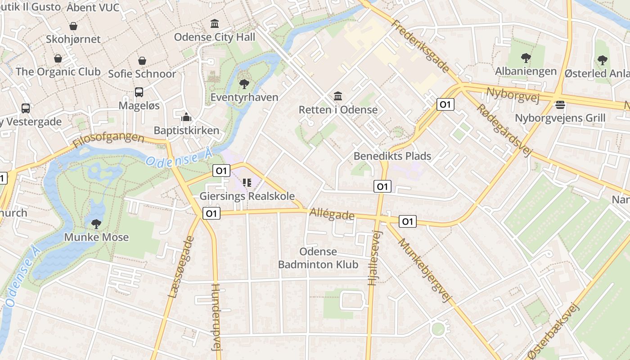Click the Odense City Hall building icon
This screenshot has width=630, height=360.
215,23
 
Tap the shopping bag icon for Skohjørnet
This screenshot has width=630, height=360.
73,26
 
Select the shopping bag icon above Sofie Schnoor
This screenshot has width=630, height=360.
142,60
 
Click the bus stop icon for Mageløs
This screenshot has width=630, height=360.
139,92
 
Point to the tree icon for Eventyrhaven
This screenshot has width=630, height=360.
244,84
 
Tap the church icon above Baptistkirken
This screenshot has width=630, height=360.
186,117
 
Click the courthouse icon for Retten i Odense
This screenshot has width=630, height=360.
338,96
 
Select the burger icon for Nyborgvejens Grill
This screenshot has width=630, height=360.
560,105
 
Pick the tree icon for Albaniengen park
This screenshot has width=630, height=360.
526,58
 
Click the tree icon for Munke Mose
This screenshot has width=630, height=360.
96,224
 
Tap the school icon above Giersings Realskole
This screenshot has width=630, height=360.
247,183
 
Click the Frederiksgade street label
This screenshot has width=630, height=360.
420,46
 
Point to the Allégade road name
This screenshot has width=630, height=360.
332,215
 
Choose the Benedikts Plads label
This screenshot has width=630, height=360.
392,156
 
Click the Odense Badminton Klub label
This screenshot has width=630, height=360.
318,258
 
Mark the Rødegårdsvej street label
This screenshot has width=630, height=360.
504,130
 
